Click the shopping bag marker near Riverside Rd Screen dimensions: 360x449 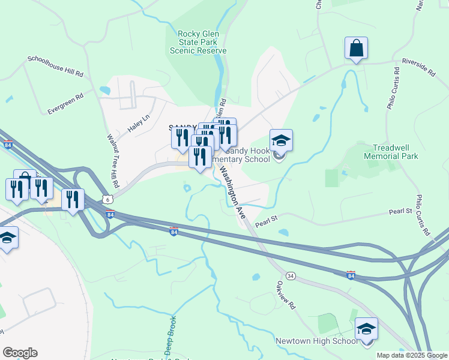click(356, 50)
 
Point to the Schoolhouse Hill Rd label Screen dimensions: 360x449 click(55, 66)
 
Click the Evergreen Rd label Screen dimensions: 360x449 click(65, 103)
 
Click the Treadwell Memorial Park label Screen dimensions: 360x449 click(394, 151)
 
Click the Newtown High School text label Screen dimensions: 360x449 click(316, 341)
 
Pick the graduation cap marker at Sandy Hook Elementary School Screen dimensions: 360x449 click(281, 142)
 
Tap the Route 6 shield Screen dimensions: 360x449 click(107, 199)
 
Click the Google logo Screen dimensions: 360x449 click(20, 353)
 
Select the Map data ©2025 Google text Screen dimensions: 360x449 click(412, 355)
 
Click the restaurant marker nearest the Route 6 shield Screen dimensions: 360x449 click(73, 200)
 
